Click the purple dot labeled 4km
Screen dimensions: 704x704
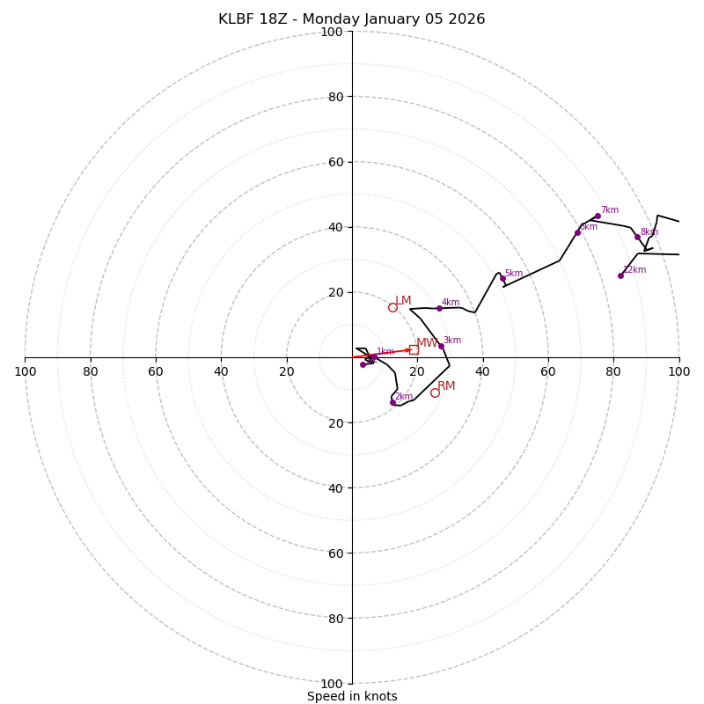(439, 308)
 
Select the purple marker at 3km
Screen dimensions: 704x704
(441, 346)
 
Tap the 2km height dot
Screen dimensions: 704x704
(392, 402)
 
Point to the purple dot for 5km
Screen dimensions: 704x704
(502, 279)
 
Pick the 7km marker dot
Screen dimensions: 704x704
(598, 216)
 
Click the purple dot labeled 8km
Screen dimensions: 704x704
(637, 237)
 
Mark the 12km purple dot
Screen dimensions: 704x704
(620, 275)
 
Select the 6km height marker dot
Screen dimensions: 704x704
(577, 232)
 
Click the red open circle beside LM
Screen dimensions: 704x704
(392, 307)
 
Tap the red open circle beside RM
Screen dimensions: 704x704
(435, 392)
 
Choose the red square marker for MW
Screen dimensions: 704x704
(414, 349)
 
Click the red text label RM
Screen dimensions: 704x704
(446, 386)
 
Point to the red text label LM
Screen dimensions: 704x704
(403, 301)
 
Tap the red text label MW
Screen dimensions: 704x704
(426, 343)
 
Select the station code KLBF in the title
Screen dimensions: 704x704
(238, 19)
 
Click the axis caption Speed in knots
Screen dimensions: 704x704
(352, 697)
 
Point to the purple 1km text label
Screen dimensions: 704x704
(385, 352)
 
